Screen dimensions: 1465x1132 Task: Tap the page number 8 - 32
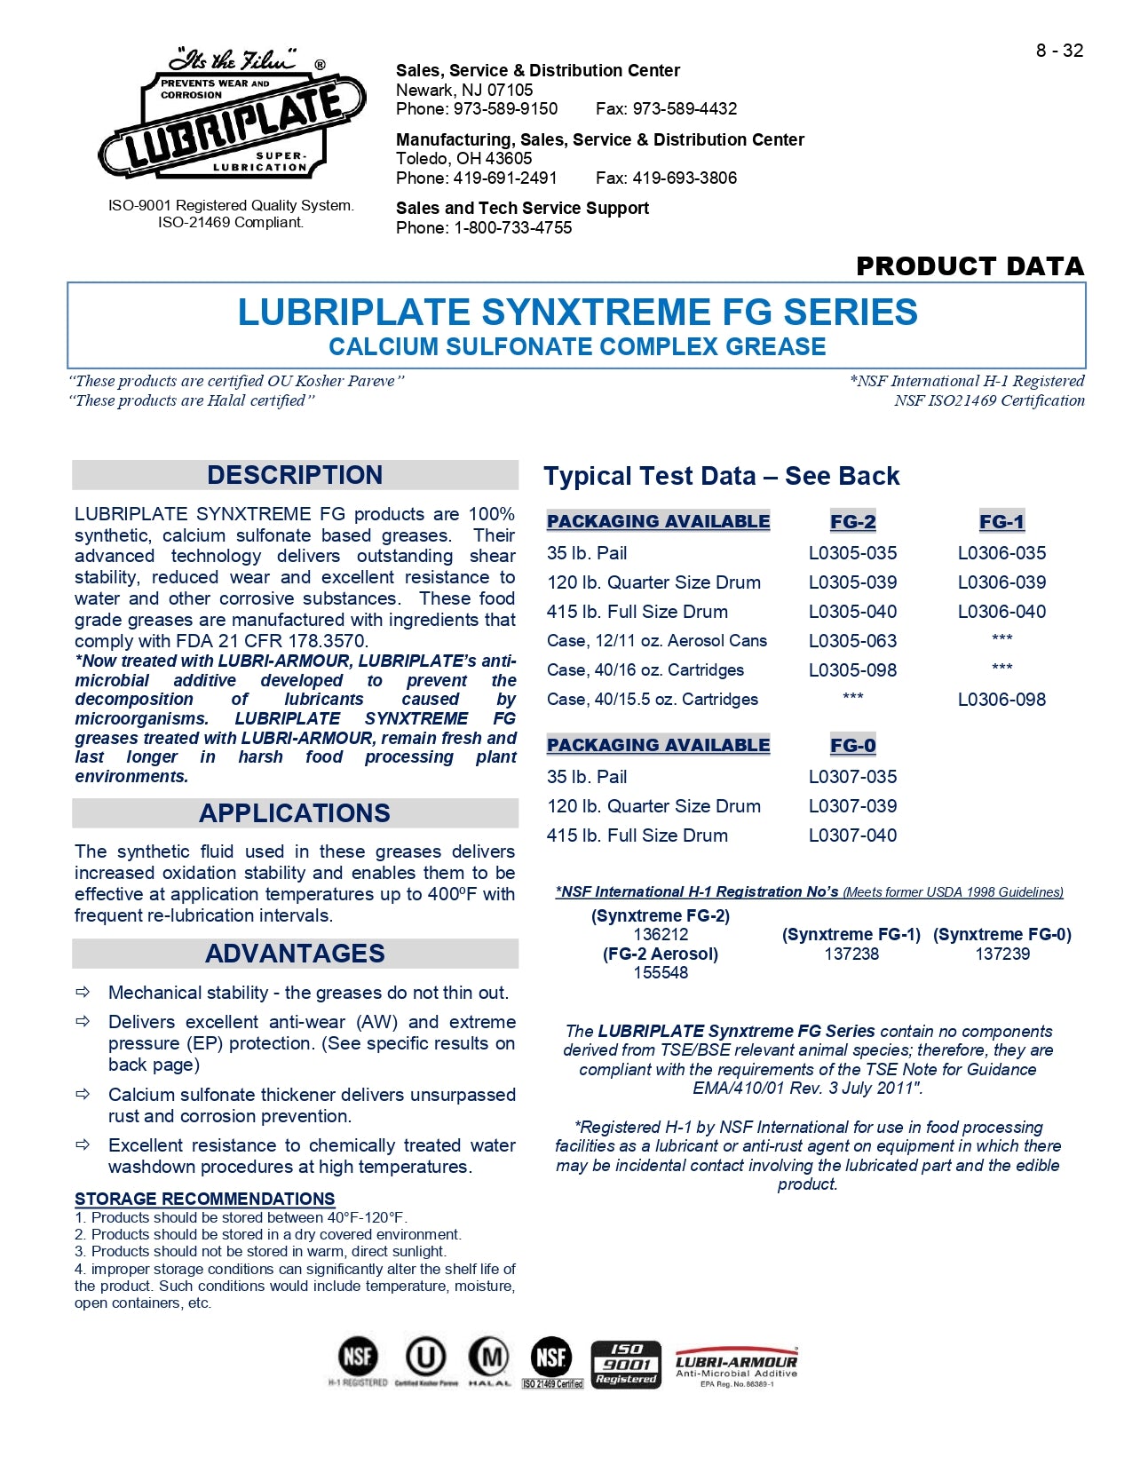(x=1059, y=51)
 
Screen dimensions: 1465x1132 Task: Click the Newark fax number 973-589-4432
(x=684, y=108)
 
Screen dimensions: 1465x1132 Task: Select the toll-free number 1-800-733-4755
(x=512, y=227)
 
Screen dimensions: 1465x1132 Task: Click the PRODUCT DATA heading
(x=970, y=265)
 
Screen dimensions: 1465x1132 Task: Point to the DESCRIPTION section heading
(x=295, y=475)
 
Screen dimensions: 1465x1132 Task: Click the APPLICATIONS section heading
(x=295, y=813)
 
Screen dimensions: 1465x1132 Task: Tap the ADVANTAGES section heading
(x=295, y=954)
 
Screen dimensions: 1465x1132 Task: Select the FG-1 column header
(x=1001, y=522)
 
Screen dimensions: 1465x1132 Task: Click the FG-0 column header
(x=852, y=746)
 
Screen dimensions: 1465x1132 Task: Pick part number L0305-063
(x=852, y=641)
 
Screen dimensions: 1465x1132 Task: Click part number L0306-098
(x=1001, y=700)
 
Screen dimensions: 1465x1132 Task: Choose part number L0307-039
(x=852, y=806)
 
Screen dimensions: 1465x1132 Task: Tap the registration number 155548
(x=661, y=972)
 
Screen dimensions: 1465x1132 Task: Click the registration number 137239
(x=1002, y=954)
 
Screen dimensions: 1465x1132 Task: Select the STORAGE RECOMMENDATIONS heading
(x=205, y=1199)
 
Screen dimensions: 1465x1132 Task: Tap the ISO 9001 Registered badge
(x=626, y=1364)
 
